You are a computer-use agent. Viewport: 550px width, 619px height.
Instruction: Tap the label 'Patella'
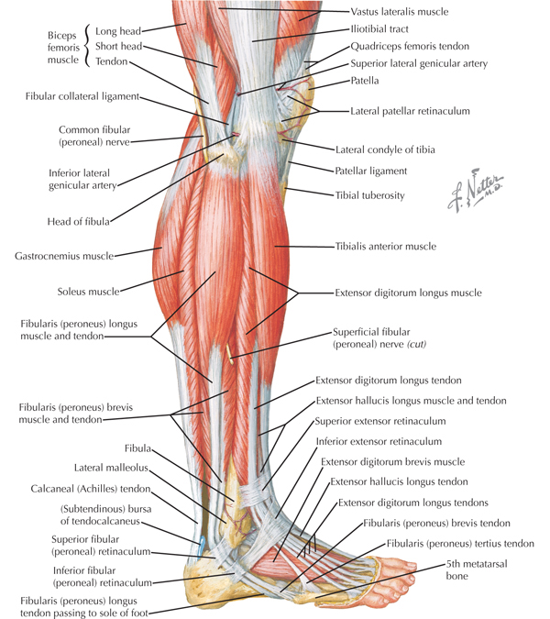[x=365, y=81]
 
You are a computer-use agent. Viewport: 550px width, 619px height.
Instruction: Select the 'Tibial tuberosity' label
[x=369, y=195]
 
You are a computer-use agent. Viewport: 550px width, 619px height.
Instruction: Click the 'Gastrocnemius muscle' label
[x=64, y=256]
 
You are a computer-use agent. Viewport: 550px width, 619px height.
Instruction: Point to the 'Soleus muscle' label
[x=88, y=292]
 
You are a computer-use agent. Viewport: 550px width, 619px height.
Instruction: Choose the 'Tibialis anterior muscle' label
[x=386, y=247]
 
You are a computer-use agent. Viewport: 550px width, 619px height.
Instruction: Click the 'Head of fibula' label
[x=79, y=222]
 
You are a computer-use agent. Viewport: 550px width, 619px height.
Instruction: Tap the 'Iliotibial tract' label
[x=379, y=28]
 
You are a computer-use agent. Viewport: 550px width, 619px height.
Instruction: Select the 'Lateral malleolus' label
[x=111, y=468]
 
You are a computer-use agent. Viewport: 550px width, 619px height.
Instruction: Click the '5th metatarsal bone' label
[x=477, y=569]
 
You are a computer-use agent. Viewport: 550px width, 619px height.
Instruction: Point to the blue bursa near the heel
[x=202, y=545]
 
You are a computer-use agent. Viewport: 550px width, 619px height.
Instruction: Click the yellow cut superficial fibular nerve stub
[x=229, y=352]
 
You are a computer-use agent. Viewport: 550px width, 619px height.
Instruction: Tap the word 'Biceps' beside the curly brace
[x=62, y=36]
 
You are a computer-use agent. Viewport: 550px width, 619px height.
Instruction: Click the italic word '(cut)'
[x=417, y=344]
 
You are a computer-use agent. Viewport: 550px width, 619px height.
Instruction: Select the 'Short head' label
[x=119, y=46]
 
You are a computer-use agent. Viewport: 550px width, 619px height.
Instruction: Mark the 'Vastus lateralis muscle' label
[x=400, y=12]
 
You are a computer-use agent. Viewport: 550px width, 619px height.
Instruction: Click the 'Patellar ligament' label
[x=371, y=171]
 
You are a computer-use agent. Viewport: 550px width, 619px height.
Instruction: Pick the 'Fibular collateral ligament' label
[x=82, y=96]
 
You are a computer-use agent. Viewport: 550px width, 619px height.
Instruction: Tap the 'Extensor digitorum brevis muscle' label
[x=392, y=462]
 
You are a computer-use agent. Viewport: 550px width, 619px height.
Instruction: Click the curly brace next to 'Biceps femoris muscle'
[x=87, y=46]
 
